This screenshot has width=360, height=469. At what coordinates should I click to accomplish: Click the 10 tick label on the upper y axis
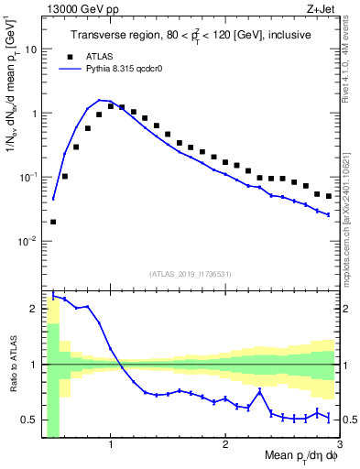(x=30, y=49)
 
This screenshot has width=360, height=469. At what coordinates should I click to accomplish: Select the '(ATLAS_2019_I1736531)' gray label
(x=191, y=273)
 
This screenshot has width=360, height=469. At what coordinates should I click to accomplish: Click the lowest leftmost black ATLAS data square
(x=53, y=221)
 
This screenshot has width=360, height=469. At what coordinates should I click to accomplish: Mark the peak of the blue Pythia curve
(x=99, y=100)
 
